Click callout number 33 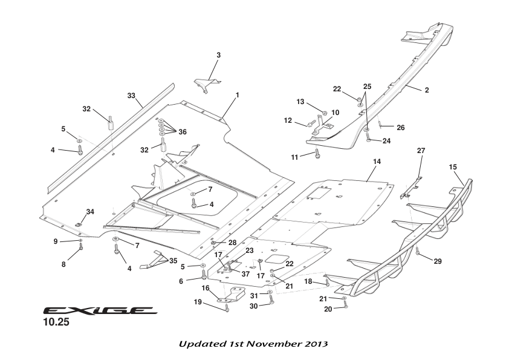(x=131, y=96)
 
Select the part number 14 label (x=377, y=162)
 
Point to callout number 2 (x=426, y=90)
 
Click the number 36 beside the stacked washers (x=182, y=132)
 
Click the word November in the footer (x=270, y=344)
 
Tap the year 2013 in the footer (x=316, y=344)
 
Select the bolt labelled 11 (x=317, y=153)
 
